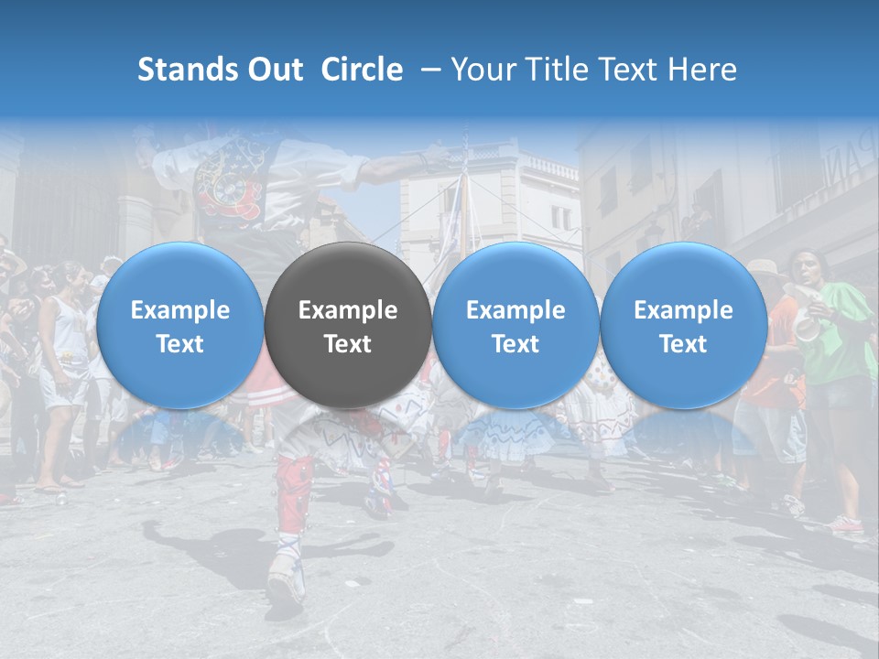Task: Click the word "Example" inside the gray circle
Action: tap(347, 310)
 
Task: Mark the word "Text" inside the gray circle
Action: tap(347, 344)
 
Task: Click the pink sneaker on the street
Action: tap(846, 524)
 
